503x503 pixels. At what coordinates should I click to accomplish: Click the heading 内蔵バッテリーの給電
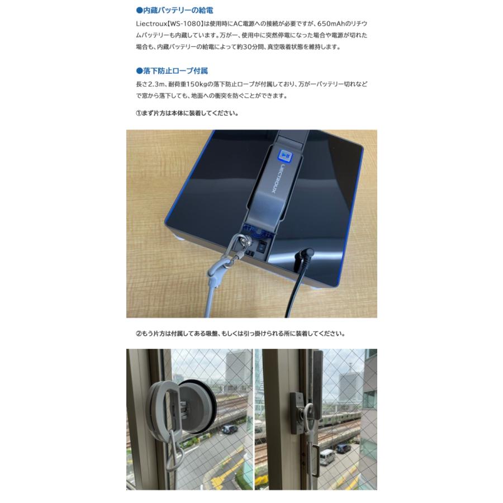pyautogui.click(x=175, y=11)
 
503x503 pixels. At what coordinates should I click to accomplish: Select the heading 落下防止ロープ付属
pyautogui.click(x=172, y=71)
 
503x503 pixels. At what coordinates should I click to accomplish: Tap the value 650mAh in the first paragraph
pyautogui.click(x=333, y=24)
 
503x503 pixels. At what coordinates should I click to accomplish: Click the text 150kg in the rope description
pyautogui.click(x=200, y=84)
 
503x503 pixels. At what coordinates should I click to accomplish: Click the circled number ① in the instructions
pyautogui.click(x=140, y=113)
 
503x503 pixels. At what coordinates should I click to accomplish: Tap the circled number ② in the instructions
pyautogui.click(x=140, y=334)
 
